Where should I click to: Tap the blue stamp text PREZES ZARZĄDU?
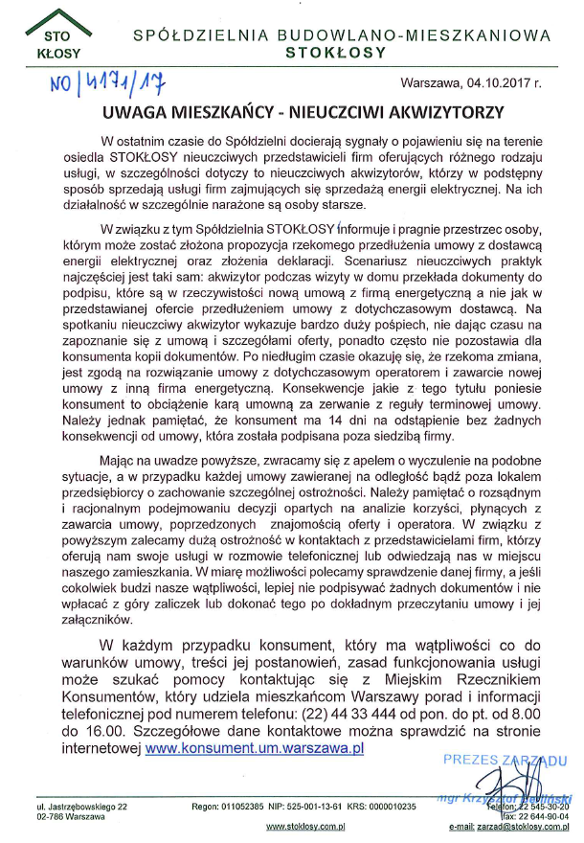click(x=505, y=759)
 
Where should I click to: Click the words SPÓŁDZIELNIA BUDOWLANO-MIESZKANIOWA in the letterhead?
click(x=342, y=34)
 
